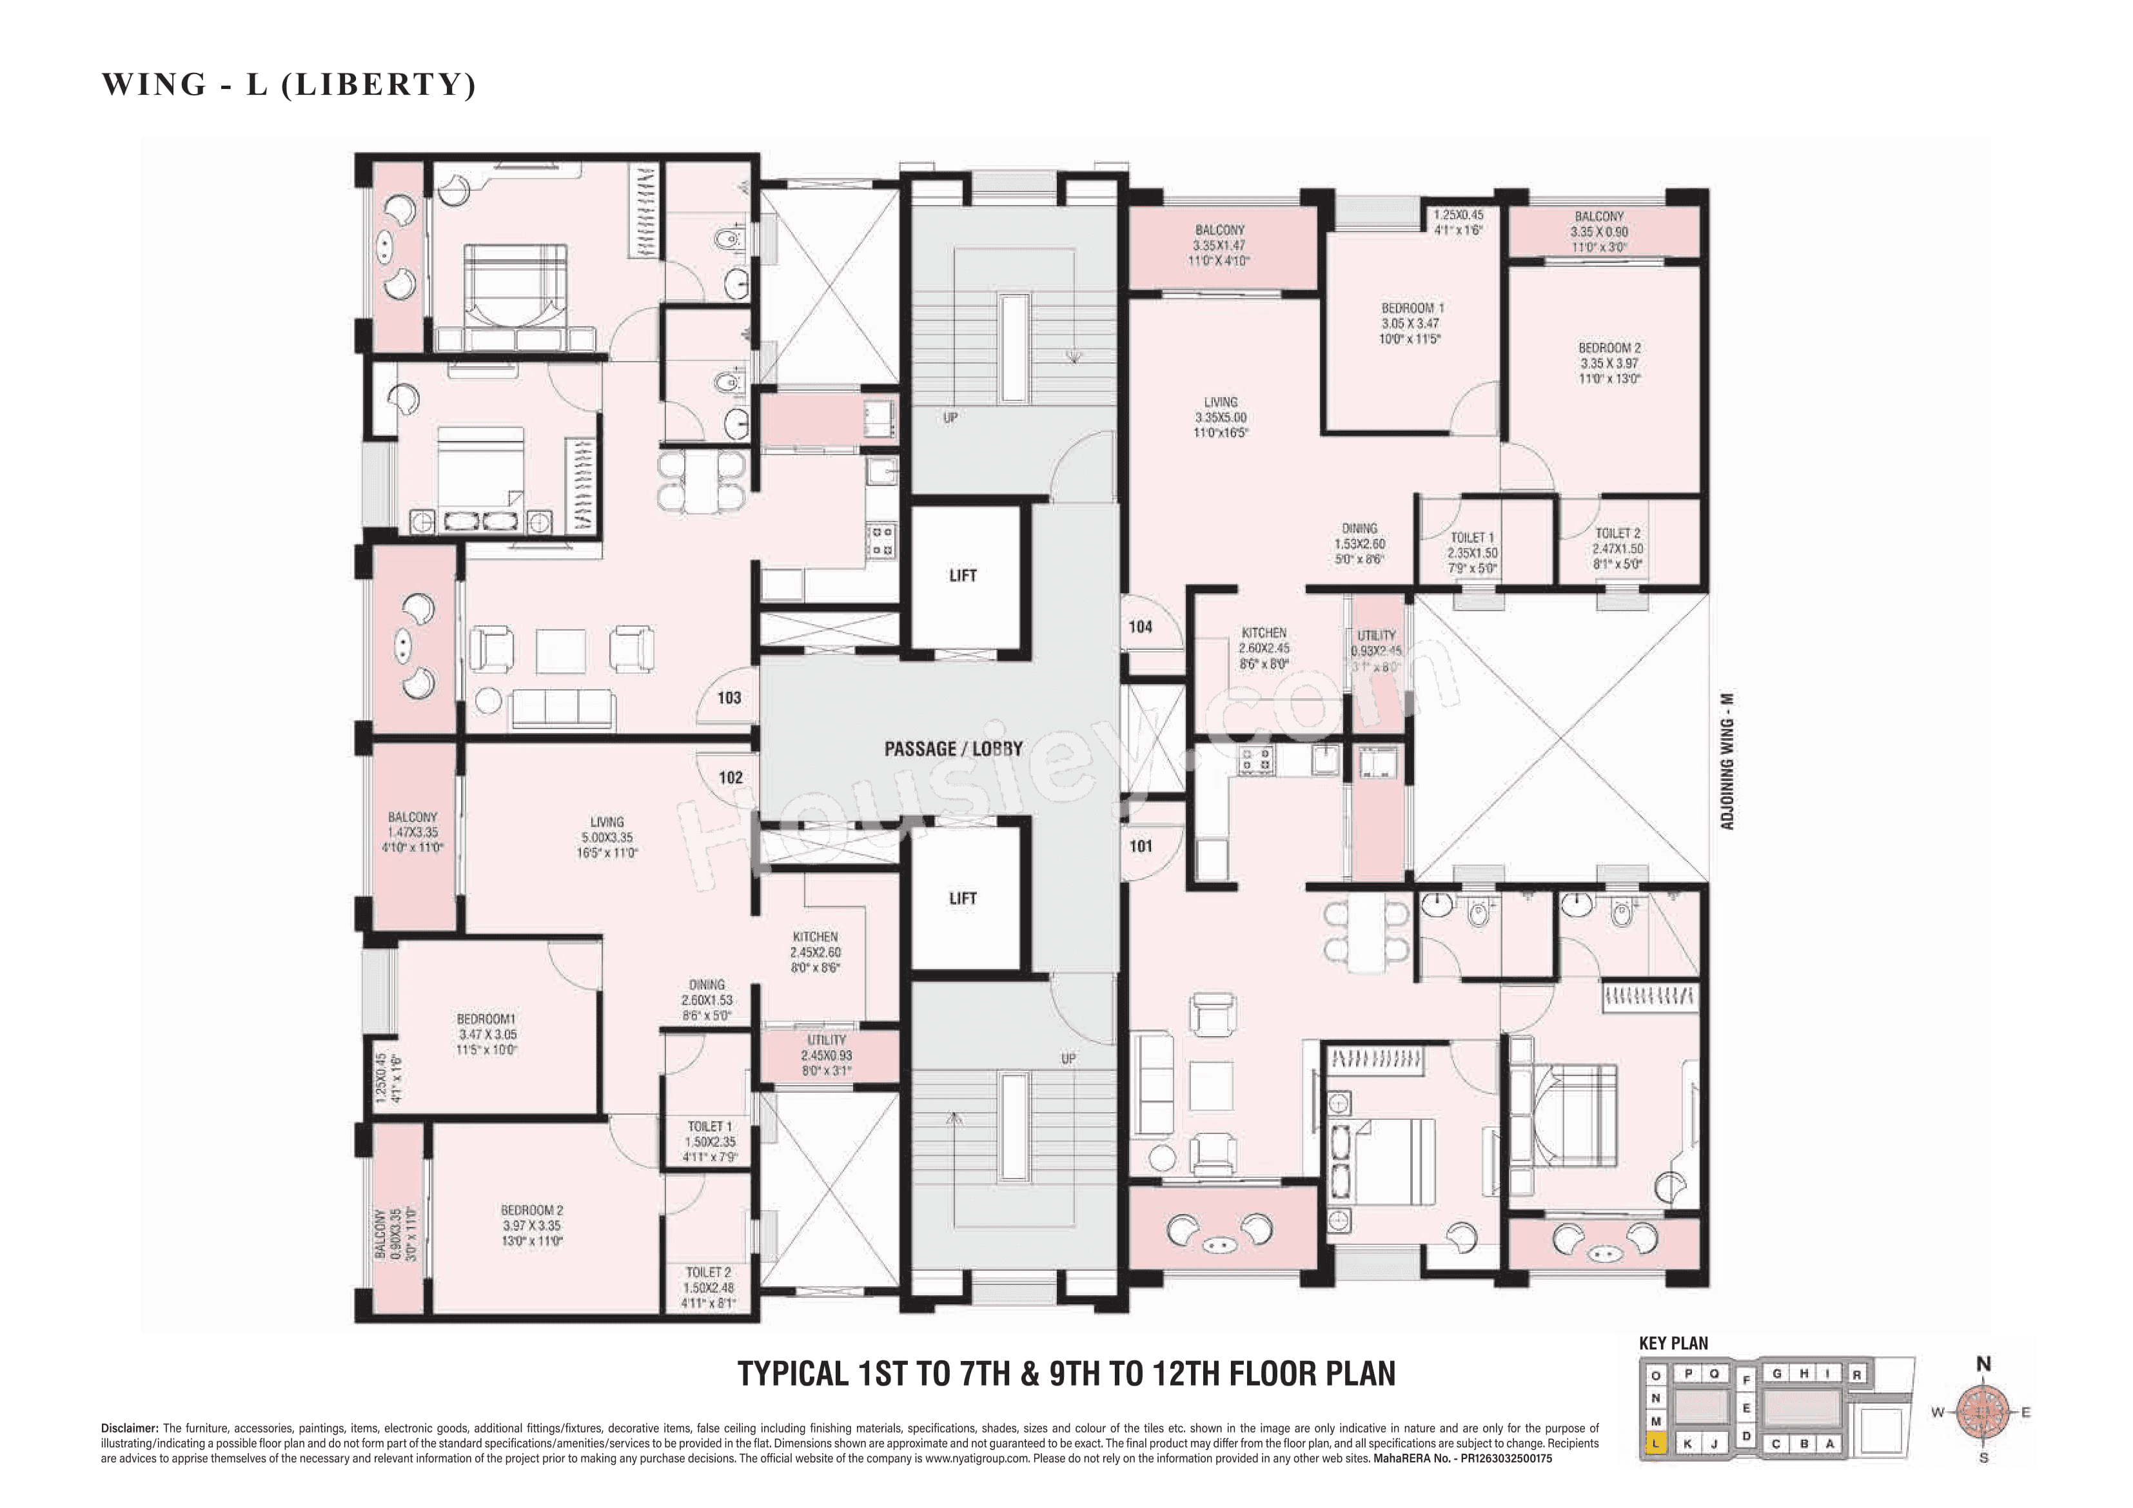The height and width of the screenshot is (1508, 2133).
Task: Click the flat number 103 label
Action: (729, 698)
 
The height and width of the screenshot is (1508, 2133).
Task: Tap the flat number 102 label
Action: (730, 778)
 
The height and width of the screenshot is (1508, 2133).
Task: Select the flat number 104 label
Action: (1141, 627)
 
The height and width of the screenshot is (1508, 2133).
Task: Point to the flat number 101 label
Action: (1141, 847)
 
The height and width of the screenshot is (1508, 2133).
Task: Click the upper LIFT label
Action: (963, 576)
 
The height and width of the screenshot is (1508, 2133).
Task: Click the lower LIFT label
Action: (963, 899)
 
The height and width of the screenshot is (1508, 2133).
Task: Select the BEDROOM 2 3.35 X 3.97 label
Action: (1609, 363)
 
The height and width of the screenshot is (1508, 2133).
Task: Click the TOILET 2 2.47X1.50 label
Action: (1617, 548)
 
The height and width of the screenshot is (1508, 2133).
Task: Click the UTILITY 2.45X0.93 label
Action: (826, 1055)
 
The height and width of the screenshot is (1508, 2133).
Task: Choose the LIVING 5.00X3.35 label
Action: (607, 837)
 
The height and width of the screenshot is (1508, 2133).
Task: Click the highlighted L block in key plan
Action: (1655, 1444)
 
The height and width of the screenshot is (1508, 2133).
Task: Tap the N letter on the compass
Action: (1983, 1364)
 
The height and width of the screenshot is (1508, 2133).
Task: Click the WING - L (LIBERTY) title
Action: (289, 84)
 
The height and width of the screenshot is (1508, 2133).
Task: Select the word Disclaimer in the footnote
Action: (128, 1428)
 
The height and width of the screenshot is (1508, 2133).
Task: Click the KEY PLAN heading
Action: (1673, 1344)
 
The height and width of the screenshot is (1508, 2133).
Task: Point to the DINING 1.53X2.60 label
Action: (1359, 543)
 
